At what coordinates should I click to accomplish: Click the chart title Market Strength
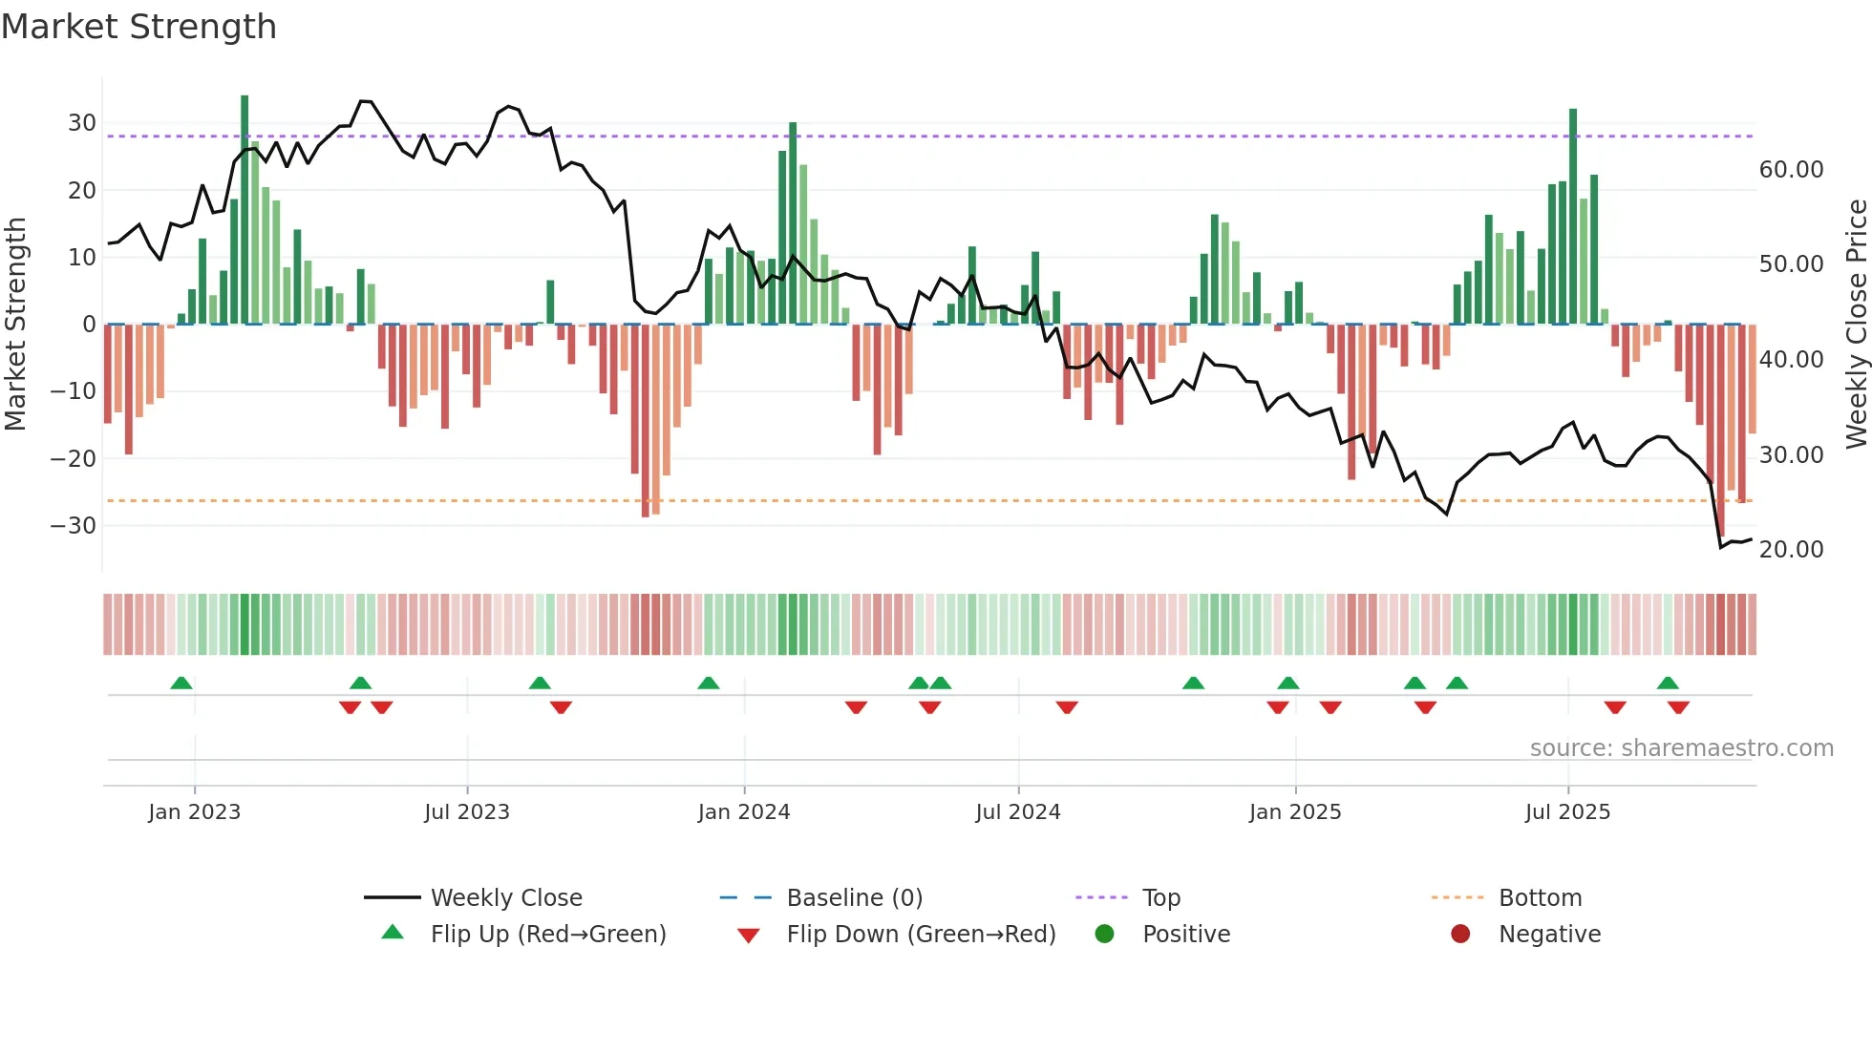click(138, 27)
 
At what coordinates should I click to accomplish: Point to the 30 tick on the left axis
click(81, 123)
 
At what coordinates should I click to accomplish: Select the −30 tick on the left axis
click(74, 526)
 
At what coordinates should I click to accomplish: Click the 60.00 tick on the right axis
click(1791, 170)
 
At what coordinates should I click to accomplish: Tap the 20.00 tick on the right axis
click(1791, 550)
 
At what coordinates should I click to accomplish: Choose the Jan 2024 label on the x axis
click(743, 812)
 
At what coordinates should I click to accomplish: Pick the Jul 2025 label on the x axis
click(1566, 812)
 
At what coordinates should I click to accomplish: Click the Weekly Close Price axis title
click(1856, 325)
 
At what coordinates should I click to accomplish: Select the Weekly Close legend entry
click(505, 898)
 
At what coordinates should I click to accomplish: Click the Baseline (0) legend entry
click(854, 898)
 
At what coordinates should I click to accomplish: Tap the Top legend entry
click(1160, 898)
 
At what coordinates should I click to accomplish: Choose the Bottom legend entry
click(1540, 898)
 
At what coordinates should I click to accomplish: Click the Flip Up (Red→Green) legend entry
click(547, 935)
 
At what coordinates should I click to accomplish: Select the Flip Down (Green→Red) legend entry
click(921, 935)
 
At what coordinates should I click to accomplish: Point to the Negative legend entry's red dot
click(1459, 935)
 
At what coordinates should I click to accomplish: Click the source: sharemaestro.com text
click(1681, 748)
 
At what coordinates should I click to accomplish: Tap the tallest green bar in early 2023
click(245, 210)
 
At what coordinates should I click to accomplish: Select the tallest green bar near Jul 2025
click(1573, 217)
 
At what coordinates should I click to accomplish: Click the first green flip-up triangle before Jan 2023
click(181, 683)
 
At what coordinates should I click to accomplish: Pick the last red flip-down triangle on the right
click(1678, 707)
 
